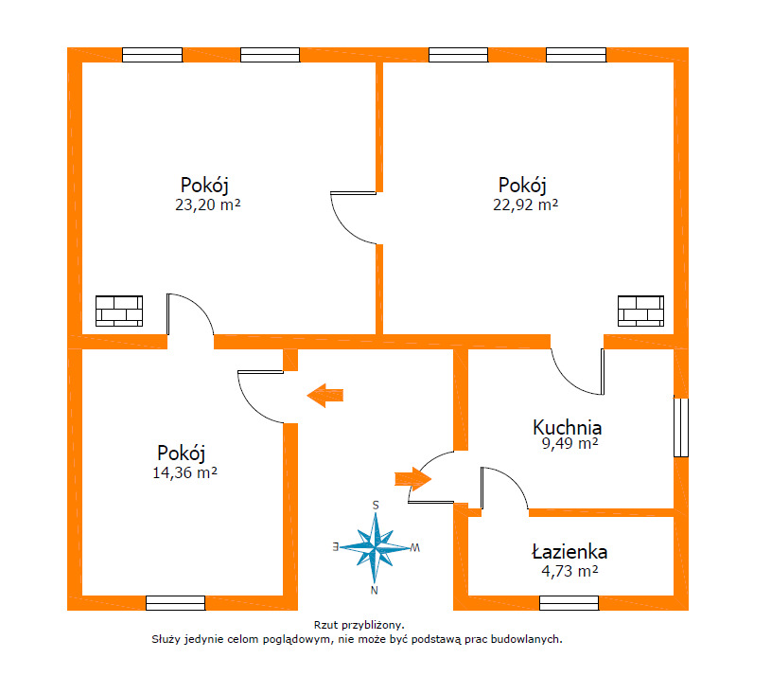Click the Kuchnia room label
567,427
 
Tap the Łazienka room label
569,552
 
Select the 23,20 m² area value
207,205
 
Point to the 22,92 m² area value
525,205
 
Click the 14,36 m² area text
184,472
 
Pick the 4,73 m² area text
569,571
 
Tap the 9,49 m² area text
569,443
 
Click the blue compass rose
376,547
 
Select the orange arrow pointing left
325,395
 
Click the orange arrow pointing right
413,479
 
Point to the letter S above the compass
376,506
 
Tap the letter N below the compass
375,591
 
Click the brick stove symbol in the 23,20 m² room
119,311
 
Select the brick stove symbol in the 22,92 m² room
640,311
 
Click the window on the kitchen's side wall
681,427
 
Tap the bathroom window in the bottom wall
569,603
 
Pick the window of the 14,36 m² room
176,603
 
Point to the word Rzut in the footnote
325,625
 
